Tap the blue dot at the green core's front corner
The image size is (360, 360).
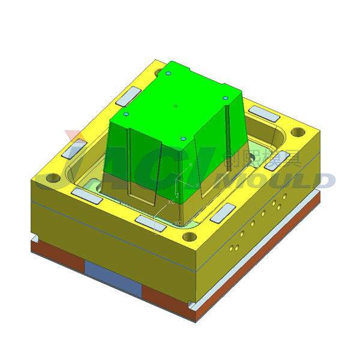click(182, 139)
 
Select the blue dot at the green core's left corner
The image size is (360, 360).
click(126, 113)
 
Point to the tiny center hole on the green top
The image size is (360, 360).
click(175, 106)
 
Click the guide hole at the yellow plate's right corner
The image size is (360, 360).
click(298, 132)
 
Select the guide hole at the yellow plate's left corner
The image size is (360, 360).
click(53, 178)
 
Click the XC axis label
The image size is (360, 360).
click(171, 202)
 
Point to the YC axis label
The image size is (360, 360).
click(178, 223)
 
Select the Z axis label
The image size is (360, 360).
click(176, 196)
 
